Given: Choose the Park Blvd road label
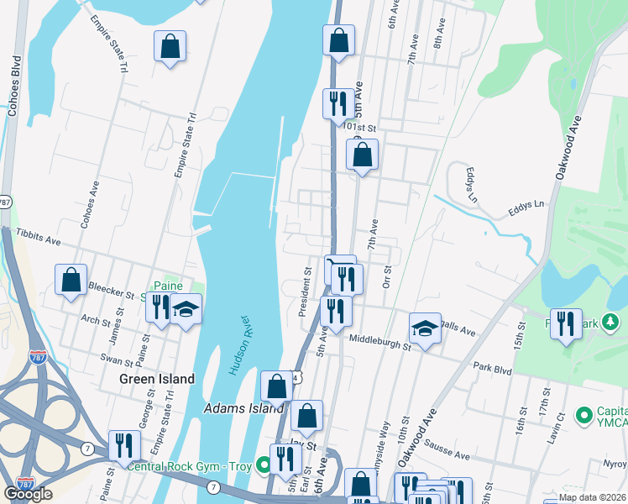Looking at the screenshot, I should click(x=492, y=367).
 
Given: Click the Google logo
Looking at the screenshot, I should click(x=28, y=494).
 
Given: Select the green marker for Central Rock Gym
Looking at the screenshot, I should click(x=263, y=464).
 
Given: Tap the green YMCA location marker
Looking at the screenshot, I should click(x=582, y=415).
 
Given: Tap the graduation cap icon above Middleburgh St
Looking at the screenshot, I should click(x=426, y=328).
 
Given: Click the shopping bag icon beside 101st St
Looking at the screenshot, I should click(x=362, y=155).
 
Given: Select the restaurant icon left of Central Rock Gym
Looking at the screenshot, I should click(x=124, y=445).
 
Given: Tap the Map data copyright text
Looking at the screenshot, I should click(x=591, y=496).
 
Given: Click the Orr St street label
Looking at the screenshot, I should click(x=387, y=276).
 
